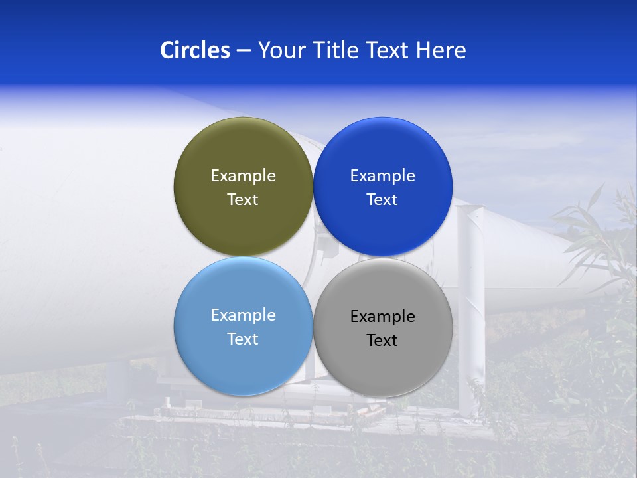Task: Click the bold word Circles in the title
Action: (194, 50)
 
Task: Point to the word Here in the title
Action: (441, 50)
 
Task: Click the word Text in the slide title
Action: (388, 50)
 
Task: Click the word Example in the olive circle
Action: (243, 176)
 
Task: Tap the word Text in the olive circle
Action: (243, 200)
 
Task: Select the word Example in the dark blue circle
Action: (382, 176)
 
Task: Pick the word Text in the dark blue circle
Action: (382, 200)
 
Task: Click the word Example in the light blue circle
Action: (243, 315)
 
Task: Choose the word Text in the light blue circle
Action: (243, 339)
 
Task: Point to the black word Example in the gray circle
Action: (382, 317)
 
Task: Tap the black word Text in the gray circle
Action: (382, 341)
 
